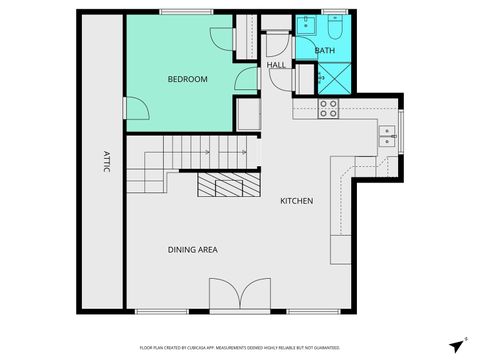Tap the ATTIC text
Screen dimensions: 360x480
tap(104, 162)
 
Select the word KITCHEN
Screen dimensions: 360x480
tap(296, 201)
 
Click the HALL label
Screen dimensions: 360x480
tap(276, 65)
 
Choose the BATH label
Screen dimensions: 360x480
tap(325, 50)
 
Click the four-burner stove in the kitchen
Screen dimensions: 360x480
tap(327, 109)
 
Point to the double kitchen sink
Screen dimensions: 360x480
tap(386, 135)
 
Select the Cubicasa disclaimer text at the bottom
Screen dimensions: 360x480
tap(240, 349)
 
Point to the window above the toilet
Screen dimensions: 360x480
tap(333, 12)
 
